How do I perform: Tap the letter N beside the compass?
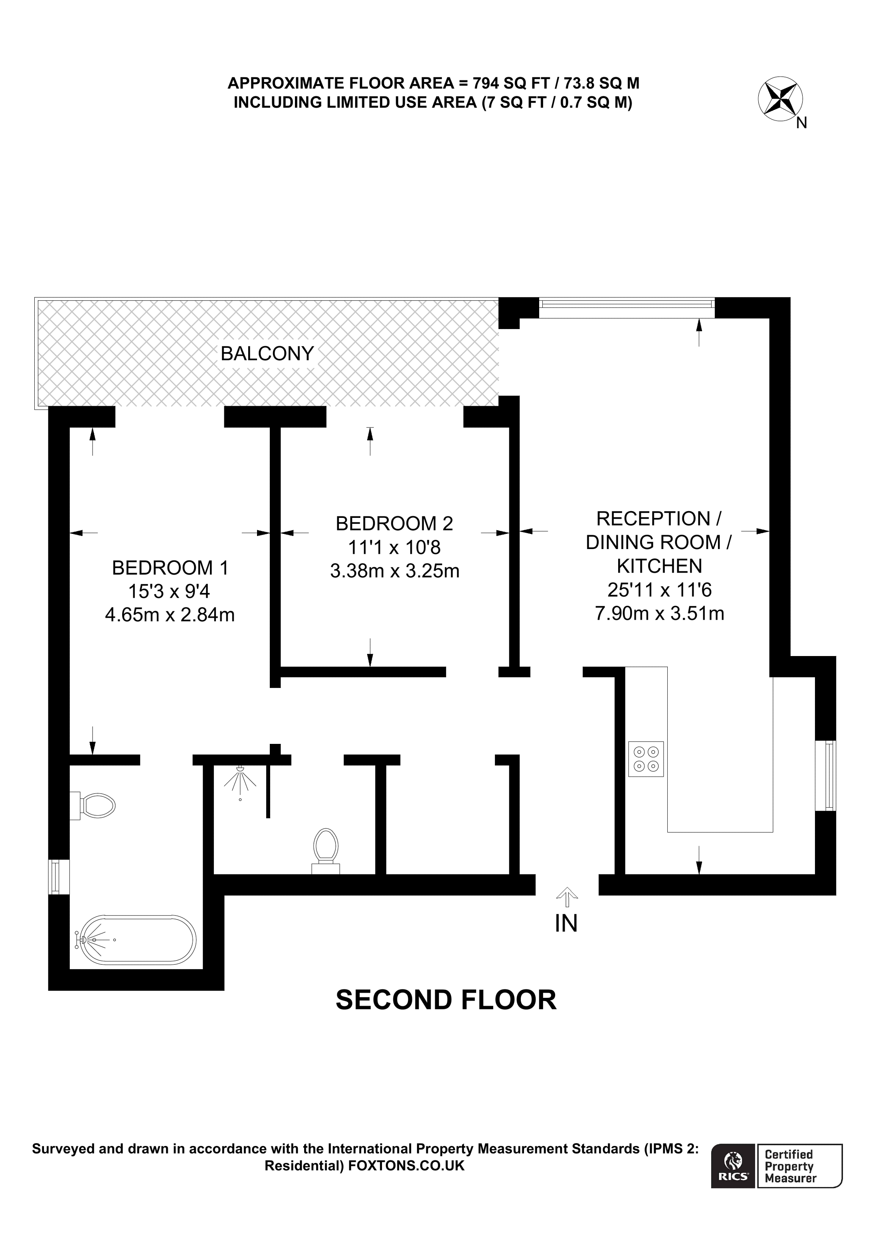802,123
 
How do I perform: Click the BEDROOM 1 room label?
170,567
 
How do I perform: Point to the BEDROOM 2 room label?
394,523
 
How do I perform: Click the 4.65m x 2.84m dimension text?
170,615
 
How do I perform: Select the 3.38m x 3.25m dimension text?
394,571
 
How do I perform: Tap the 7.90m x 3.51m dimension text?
659,613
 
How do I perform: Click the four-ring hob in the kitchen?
646,759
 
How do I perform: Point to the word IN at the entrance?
566,924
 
